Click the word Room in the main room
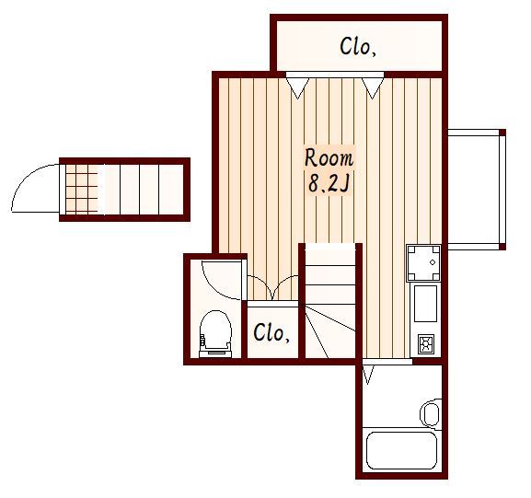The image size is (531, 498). pyautogui.click(x=329, y=158)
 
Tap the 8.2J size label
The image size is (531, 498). pyautogui.click(x=329, y=184)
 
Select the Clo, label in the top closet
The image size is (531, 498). pyautogui.click(x=358, y=46)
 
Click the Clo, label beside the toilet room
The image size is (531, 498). pyautogui.click(x=271, y=332)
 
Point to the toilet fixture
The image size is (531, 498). pyautogui.click(x=215, y=334)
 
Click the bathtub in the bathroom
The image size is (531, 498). pyautogui.click(x=401, y=450)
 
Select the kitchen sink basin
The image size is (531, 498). pyautogui.click(x=425, y=304)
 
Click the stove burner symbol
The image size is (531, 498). pyautogui.click(x=426, y=344)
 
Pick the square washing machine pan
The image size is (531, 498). pyautogui.click(x=423, y=263)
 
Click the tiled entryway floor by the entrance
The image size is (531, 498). pyautogui.click(x=82, y=189)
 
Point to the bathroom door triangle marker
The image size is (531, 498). pyautogui.click(x=368, y=374)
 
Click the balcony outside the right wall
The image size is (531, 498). pyautogui.click(x=477, y=190)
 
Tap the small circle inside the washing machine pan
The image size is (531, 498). pyautogui.click(x=433, y=262)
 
